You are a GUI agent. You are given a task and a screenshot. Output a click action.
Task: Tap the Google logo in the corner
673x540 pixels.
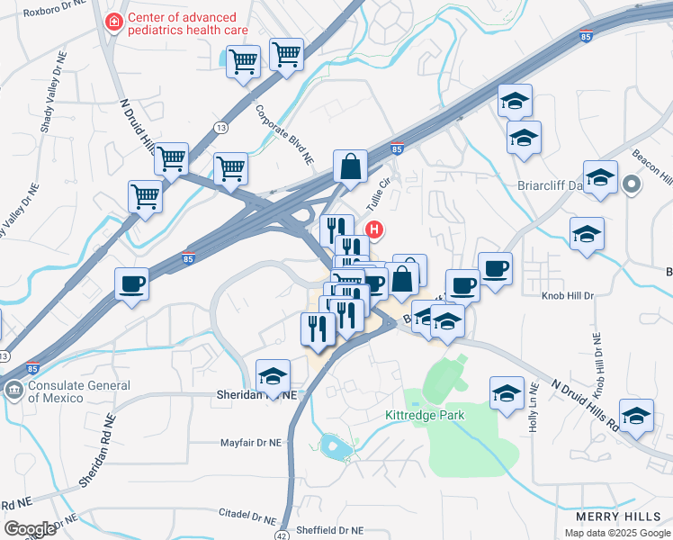(31, 529)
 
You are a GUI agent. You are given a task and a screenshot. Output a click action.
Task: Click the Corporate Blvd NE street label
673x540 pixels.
(285, 135)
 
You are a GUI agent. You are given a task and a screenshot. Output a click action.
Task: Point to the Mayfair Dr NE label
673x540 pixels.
(254, 443)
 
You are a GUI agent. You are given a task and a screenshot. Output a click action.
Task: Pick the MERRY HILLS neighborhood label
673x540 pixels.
(618, 517)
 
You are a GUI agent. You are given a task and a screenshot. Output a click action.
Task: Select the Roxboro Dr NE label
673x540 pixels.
(54, 13)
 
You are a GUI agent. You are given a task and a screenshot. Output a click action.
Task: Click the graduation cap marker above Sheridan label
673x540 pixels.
(274, 376)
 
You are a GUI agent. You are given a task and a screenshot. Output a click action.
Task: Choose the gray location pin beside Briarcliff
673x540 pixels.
(632, 186)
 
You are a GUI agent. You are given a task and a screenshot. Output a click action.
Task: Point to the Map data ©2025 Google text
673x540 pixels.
(617, 533)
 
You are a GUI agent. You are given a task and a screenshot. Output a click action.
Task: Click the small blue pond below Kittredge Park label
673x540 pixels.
(331, 444)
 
